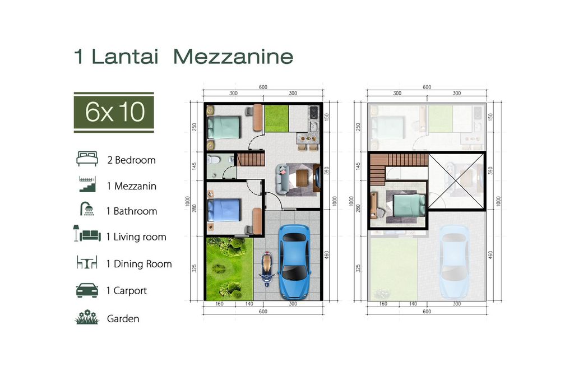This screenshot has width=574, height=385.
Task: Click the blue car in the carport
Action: click(294, 261)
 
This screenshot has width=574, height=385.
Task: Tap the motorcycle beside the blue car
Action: click(267, 270)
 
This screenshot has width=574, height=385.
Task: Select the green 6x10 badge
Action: click(114, 112)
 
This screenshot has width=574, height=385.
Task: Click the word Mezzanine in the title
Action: click(233, 57)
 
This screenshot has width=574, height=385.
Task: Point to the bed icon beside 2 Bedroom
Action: click(87, 159)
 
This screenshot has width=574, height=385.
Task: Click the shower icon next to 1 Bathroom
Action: click(87, 208)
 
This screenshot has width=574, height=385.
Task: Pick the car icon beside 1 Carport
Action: click(87, 290)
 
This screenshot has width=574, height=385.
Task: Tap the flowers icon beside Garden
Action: click(87, 317)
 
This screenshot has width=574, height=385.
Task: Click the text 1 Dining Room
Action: click(139, 264)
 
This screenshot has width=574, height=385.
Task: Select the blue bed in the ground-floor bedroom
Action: click(224, 210)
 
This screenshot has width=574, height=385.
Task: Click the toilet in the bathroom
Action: click(213, 160)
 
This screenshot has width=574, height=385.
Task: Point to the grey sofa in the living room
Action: click(283, 179)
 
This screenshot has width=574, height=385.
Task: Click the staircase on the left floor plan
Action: click(251, 159)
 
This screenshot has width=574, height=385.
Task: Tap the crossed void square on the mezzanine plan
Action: click(456, 181)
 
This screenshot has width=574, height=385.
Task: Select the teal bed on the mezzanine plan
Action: click(409, 205)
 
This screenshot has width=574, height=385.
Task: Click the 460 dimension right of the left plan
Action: click(327, 255)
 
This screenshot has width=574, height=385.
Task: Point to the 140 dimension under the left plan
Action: click(249, 304)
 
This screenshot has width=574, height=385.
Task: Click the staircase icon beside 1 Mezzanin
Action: click(87, 184)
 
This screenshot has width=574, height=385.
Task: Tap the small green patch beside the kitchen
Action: click(276, 118)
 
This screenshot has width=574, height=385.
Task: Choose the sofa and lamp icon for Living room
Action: click(87, 234)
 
